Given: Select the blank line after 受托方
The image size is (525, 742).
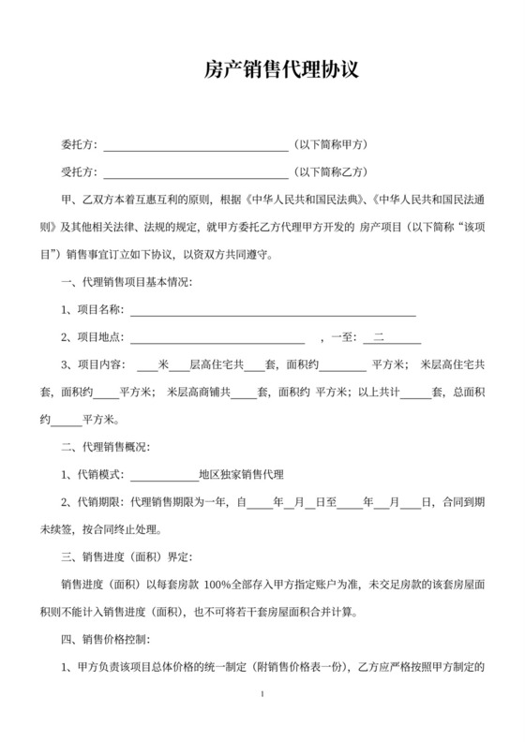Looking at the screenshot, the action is pos(195,174).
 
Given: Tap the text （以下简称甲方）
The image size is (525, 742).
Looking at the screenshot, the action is pos(331,145).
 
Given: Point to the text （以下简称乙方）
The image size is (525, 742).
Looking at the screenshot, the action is pos(331,172).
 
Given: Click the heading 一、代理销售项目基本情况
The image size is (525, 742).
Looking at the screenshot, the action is pos(127,282).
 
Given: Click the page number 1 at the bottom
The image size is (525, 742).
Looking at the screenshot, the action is pos(263,694).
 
